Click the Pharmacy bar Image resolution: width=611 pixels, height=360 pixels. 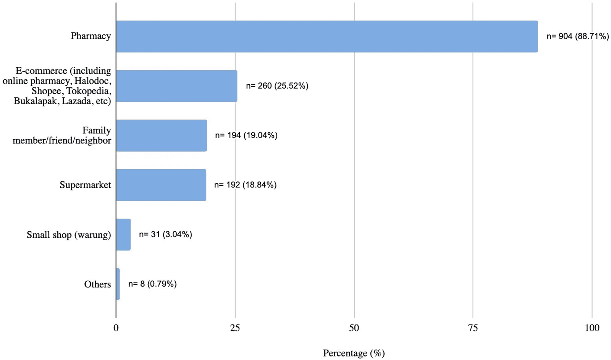coord(327,36)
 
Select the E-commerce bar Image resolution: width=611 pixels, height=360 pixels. coord(176,86)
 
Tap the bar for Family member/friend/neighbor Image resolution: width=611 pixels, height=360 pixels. coord(161,136)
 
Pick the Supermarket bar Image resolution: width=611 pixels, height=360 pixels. coord(161,185)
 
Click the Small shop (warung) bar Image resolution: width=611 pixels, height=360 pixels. coord(123,234)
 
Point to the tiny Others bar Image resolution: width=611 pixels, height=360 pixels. coord(118,284)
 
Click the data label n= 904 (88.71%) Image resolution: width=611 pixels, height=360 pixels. coord(577,36)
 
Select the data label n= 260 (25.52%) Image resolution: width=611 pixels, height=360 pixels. coord(277,86)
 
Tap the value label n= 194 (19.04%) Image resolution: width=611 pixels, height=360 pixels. coord(246,136)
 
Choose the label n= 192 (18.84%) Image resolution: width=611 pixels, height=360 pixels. coord(245,185)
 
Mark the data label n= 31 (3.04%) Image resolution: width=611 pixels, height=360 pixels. coord(165,234)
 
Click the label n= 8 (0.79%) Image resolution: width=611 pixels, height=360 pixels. coord(152,284)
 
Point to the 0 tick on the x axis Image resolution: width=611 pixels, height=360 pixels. coord(116,328)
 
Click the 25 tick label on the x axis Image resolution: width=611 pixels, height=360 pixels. coord(235,328)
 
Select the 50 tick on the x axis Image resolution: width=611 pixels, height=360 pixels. coord(354,328)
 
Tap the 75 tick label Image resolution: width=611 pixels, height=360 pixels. coord(473,328)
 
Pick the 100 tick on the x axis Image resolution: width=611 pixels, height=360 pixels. coord(592,328)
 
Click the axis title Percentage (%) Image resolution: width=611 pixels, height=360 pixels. coord(354,353)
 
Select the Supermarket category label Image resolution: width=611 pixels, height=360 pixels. coord(85,185)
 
